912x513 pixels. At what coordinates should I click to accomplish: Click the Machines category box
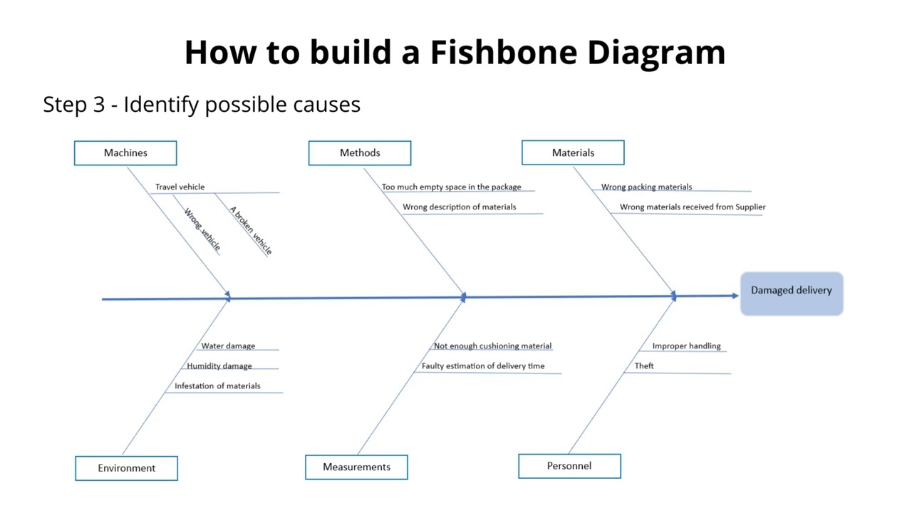click(125, 153)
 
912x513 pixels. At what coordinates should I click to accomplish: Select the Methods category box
click(360, 153)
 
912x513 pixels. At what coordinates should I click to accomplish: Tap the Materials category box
click(573, 153)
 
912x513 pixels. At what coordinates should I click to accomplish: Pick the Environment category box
click(126, 468)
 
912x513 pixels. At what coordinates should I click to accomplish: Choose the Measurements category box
click(356, 467)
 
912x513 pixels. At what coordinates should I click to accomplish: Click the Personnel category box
click(569, 466)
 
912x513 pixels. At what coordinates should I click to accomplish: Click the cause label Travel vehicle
click(180, 187)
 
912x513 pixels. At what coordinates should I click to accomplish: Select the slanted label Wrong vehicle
click(202, 229)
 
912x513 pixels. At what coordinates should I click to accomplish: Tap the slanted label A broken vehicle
click(251, 230)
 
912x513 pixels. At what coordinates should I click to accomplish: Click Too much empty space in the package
click(451, 187)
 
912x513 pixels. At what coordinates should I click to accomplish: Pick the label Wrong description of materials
click(459, 207)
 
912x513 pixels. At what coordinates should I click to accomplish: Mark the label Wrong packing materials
click(646, 187)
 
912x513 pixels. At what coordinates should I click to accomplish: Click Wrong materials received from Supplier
click(692, 207)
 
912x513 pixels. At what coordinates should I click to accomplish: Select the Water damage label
click(228, 346)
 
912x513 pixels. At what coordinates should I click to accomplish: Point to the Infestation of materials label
click(217, 385)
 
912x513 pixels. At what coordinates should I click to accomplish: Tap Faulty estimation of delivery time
click(482, 366)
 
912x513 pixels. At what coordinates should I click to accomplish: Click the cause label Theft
click(644, 366)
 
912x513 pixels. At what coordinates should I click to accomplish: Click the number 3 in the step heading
click(99, 104)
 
